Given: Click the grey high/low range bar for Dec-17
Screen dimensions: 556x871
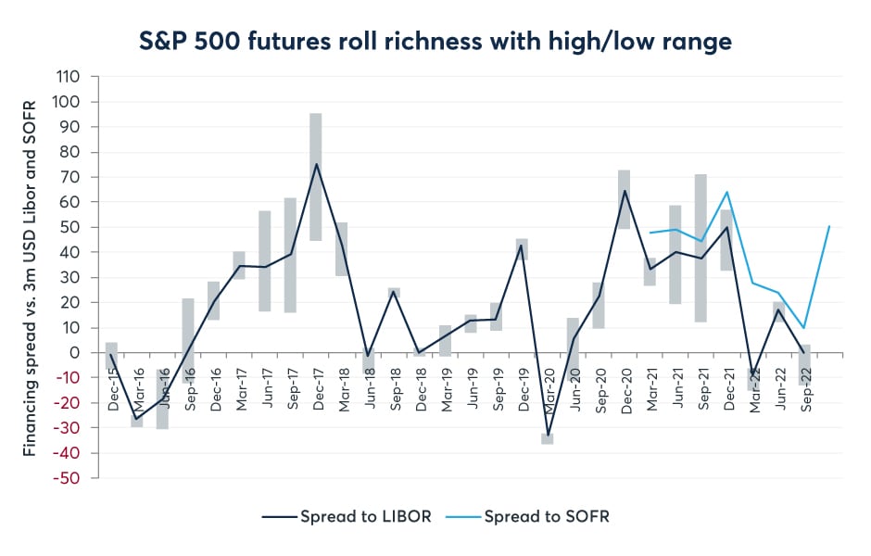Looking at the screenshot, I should pyautogui.click(x=315, y=176).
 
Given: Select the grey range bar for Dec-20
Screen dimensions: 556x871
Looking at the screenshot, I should pyautogui.click(x=624, y=199).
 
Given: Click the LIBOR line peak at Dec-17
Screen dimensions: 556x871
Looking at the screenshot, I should pyautogui.click(x=315, y=164).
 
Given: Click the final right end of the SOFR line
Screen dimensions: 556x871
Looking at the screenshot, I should pyautogui.click(x=829, y=226).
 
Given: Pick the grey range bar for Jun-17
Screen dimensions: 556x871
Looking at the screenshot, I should pyautogui.click(x=265, y=260).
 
